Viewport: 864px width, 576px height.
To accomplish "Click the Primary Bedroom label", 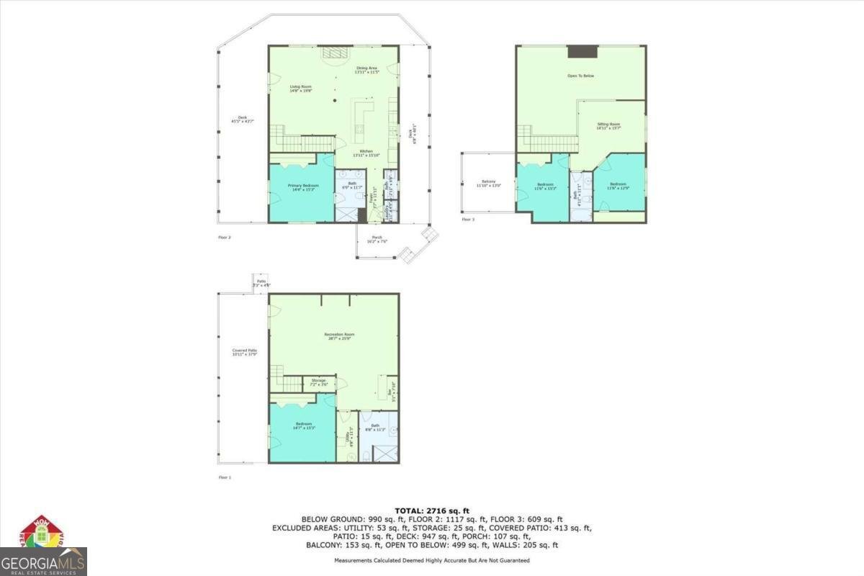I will pos(303,187).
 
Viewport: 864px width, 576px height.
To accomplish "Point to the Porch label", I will pos(376,239).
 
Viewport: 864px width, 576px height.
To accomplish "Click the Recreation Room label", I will pos(338,336).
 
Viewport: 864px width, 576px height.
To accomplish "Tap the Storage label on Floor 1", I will pos(319,382).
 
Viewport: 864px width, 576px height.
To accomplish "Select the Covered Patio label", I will pos(245,352).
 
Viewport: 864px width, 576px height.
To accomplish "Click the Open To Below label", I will pos(580,76).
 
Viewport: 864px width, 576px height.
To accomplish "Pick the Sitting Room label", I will pos(608,127).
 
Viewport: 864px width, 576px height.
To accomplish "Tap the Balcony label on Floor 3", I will pos(489,184).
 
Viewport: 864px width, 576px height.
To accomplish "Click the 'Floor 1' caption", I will pos(225,477).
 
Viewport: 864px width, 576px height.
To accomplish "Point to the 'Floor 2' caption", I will pos(225,236).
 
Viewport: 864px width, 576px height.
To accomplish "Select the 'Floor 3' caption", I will pos(468,219).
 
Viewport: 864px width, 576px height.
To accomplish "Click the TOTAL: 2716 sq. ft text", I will pos(432,510).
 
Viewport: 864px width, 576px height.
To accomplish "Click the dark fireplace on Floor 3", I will pos(582,51).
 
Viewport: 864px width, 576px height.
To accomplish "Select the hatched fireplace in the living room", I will pos(334,53).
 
